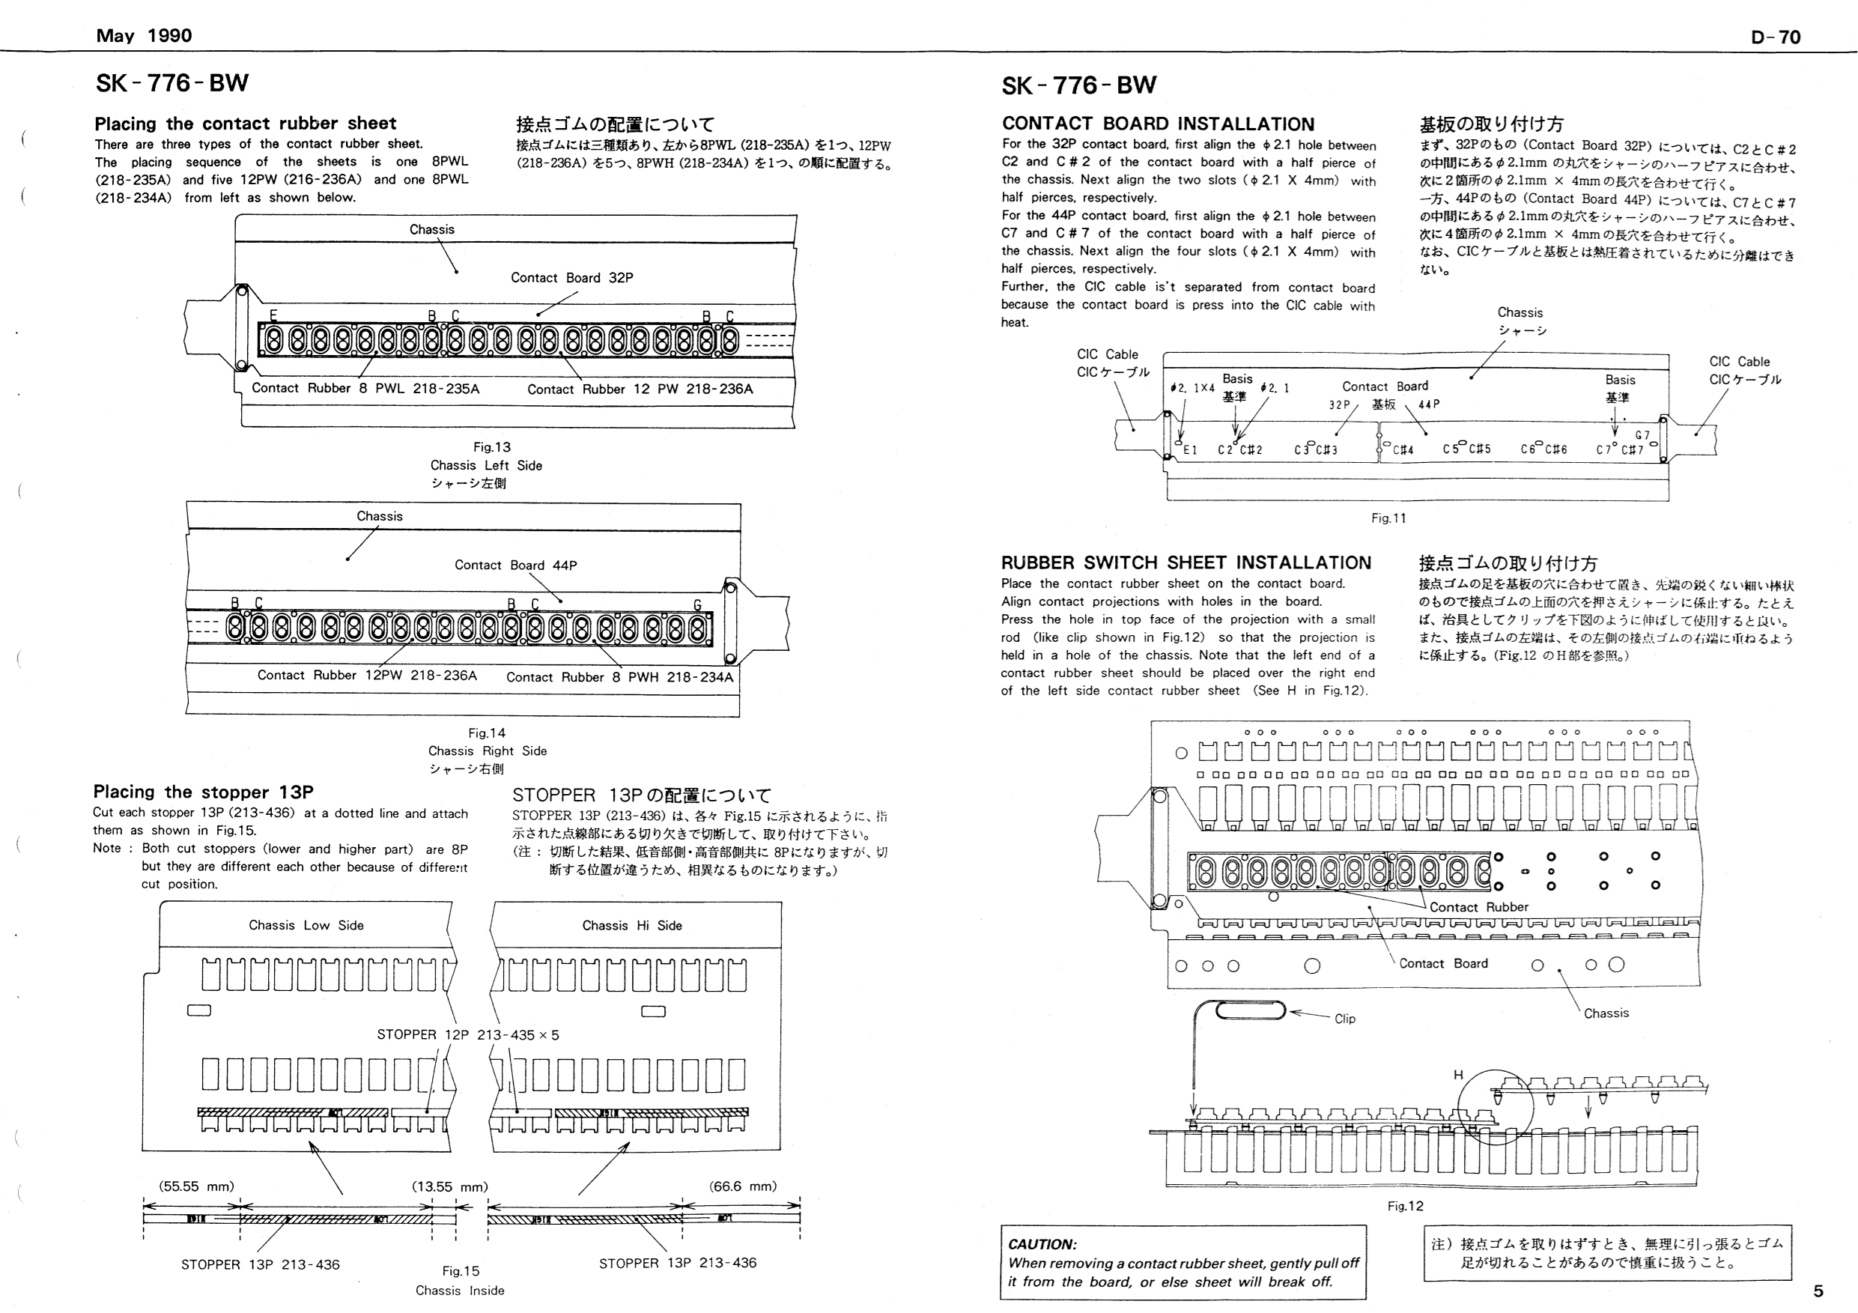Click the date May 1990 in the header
[144, 36]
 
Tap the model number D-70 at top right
[1776, 37]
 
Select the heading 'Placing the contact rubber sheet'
[245, 124]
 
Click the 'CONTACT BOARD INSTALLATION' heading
[1158, 124]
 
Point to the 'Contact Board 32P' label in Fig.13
[571, 278]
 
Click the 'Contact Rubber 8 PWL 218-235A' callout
[365, 389]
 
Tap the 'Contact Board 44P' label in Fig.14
[515, 565]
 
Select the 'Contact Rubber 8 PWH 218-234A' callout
[619, 678]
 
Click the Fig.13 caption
[492, 447]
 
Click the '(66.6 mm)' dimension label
[743, 1186]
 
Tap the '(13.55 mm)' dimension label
[450, 1187]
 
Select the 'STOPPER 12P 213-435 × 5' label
[468, 1034]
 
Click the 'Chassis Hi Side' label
[632, 925]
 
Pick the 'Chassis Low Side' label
[306, 925]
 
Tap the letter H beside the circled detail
[1457, 1075]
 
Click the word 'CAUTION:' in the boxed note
[1042, 1244]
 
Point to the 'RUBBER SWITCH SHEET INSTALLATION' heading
[1185, 563]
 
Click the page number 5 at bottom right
[1818, 1291]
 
